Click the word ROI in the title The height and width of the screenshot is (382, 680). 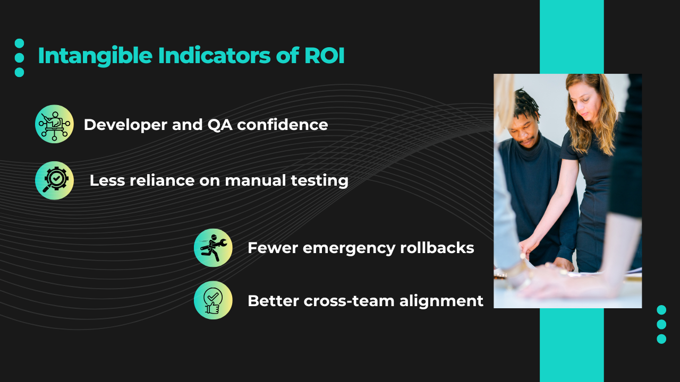tap(324, 56)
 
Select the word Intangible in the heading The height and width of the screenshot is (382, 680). tap(95, 56)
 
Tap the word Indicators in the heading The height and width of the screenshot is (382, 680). tap(214, 56)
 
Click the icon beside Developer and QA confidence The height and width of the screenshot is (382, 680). tap(54, 124)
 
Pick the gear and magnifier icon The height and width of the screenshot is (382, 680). tap(54, 180)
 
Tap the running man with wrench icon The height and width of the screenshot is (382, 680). tap(213, 248)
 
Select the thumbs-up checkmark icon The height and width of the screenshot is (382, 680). tap(213, 300)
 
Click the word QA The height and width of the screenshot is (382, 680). tap(220, 125)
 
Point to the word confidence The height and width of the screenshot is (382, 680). tap(282, 124)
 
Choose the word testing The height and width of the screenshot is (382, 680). tap(320, 181)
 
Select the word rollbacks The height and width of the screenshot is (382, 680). tap(437, 247)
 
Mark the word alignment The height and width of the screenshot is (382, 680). tap(441, 301)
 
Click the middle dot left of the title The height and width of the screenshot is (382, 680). tap(20, 58)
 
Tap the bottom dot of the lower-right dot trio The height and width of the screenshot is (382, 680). tap(661, 338)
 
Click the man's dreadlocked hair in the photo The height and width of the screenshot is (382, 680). tap(526, 105)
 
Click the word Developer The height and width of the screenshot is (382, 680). tap(126, 125)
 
